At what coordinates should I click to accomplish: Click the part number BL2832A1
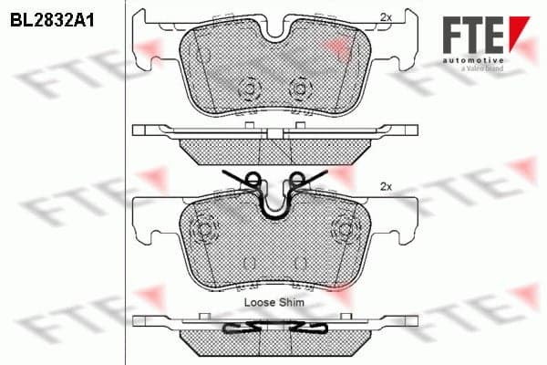coord(52,21)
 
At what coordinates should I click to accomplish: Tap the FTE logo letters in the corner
coord(473,35)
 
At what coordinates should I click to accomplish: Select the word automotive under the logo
coord(473,61)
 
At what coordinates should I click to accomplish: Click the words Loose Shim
coord(274,302)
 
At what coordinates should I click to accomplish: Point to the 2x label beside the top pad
coord(386,17)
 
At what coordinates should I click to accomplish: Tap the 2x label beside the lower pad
coord(386,187)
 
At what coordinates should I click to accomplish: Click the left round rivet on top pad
coord(249,89)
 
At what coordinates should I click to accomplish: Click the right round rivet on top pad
coord(299,89)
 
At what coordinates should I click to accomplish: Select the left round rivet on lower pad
coord(204,229)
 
